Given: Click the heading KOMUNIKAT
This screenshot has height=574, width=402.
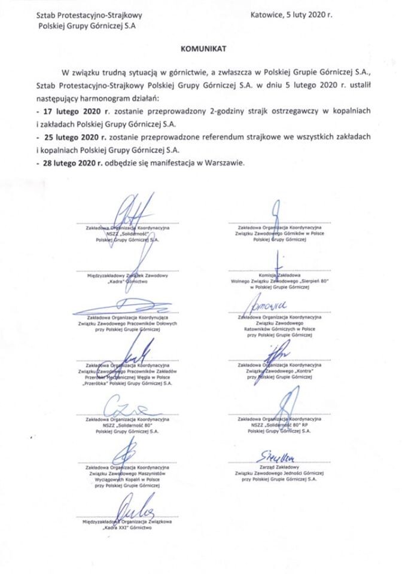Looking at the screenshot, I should coord(201,45).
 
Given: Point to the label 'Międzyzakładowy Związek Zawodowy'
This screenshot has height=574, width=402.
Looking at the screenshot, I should coord(126,274).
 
